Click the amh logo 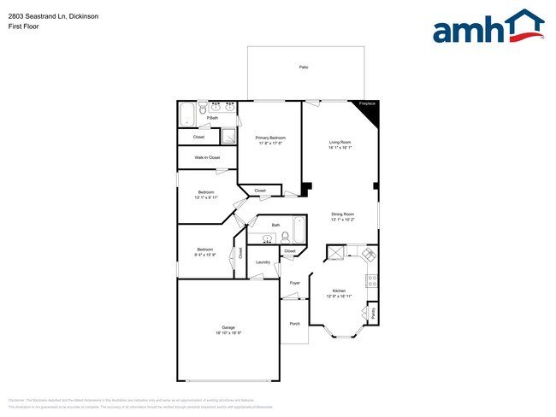point(488,27)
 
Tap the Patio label point(304,67)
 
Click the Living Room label point(340,142)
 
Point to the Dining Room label point(343,214)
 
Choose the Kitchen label point(339,291)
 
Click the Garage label point(228,327)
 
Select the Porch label point(295,324)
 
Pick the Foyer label point(295,282)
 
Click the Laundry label point(263,262)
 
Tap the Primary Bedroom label point(270,138)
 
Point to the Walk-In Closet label point(207,157)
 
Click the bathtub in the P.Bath point(188,113)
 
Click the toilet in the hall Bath point(284,238)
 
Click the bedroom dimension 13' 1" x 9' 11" point(207,197)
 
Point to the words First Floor point(23,26)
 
